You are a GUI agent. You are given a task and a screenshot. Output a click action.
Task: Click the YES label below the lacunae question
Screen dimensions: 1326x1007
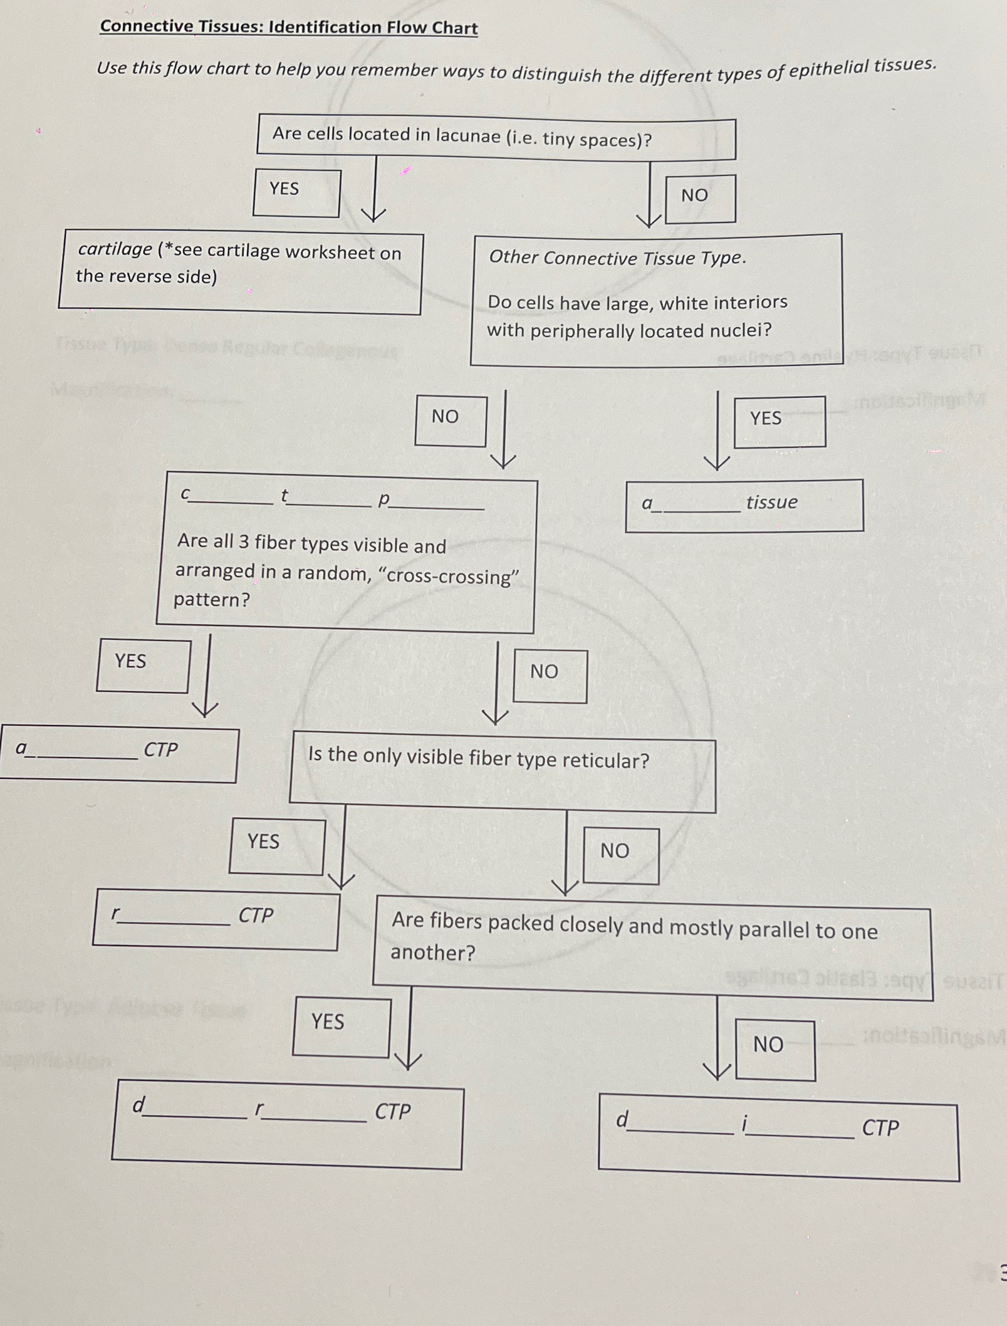284,189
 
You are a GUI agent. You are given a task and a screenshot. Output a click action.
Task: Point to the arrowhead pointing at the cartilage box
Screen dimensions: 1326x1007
373,215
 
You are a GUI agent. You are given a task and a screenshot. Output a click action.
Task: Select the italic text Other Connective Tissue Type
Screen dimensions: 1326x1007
617,258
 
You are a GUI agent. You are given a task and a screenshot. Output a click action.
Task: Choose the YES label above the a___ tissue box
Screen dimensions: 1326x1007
765,418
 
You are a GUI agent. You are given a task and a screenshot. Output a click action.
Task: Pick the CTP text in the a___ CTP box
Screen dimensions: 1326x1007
161,749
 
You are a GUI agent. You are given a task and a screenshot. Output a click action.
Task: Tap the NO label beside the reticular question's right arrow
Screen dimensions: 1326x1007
614,851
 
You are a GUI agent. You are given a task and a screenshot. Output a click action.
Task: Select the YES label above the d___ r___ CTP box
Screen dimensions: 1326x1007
328,1022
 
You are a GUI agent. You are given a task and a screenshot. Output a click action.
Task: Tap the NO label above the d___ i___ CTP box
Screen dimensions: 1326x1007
768,1045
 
